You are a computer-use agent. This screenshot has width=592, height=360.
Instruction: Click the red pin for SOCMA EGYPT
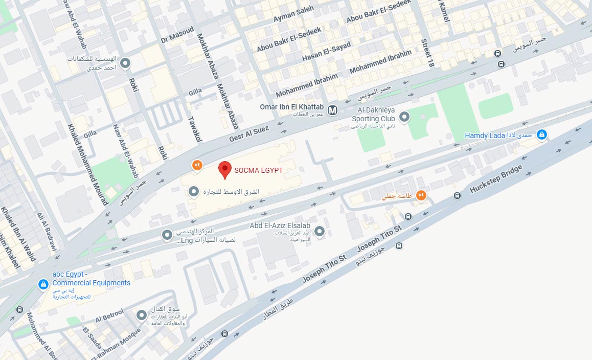click(x=224, y=169)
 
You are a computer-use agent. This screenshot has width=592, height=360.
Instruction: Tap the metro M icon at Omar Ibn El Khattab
click(x=333, y=109)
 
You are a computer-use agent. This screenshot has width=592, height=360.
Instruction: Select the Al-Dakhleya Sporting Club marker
click(x=404, y=118)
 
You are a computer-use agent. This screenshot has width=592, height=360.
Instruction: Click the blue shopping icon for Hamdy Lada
click(x=542, y=135)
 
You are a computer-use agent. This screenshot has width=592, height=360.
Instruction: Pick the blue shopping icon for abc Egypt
click(x=43, y=284)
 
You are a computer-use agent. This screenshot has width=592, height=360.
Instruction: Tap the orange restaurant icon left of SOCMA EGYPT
click(x=197, y=165)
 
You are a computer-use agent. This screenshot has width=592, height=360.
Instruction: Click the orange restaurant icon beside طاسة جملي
click(x=421, y=195)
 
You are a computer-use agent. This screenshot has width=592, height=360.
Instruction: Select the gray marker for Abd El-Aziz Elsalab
click(x=320, y=232)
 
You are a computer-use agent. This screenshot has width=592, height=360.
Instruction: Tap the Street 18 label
click(x=426, y=53)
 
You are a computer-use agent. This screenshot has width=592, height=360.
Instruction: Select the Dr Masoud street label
click(x=177, y=35)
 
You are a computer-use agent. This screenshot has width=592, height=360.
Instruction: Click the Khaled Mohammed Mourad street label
click(x=87, y=164)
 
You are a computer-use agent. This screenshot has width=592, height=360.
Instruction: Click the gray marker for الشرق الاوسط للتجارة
click(x=194, y=192)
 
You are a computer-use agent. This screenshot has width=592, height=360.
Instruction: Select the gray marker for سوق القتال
click(x=142, y=316)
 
